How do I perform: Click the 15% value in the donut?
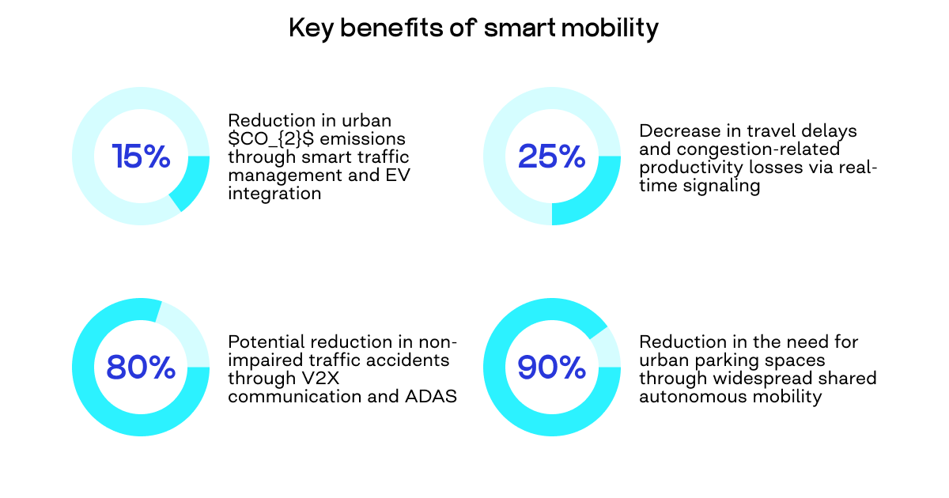(x=141, y=157)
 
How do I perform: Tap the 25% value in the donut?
(x=551, y=157)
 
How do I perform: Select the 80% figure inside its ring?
(x=141, y=368)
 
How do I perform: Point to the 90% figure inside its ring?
(x=551, y=368)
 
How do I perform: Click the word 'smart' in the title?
(x=517, y=28)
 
